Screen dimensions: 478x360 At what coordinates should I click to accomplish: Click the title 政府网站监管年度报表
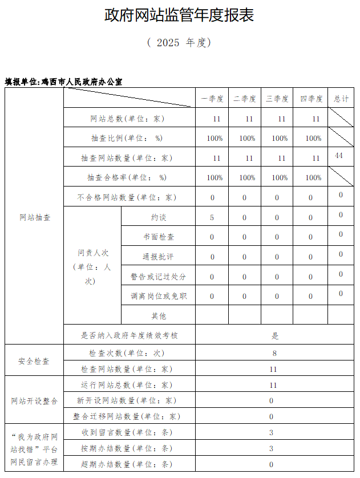pyautogui.click(x=179, y=15)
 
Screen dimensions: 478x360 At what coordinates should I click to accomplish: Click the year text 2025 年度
pyautogui.click(x=179, y=43)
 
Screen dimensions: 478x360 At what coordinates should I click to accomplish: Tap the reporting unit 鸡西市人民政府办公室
pyautogui.click(x=82, y=82)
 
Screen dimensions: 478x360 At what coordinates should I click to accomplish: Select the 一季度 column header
pyautogui.click(x=212, y=99)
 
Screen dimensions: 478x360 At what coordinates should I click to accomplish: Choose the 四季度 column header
pyautogui.click(x=312, y=99)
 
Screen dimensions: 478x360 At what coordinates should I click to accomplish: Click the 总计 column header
pyautogui.click(x=341, y=99)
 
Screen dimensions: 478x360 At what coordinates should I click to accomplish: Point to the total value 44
pyautogui.click(x=339, y=156)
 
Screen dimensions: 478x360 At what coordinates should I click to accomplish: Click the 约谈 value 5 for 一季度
pyautogui.click(x=212, y=217)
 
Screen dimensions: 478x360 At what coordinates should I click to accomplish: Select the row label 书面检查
pyautogui.click(x=159, y=237)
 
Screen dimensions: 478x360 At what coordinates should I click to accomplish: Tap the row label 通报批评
pyautogui.click(x=159, y=257)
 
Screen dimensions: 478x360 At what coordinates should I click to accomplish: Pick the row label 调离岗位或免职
pyautogui.click(x=159, y=296)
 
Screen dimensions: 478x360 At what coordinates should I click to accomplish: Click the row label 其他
pyautogui.click(x=159, y=315)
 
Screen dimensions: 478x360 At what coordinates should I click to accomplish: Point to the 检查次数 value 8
pyautogui.click(x=274, y=354)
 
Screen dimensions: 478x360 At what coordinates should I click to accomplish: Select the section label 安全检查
pyautogui.click(x=34, y=361)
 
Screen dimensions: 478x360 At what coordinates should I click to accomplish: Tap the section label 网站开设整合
pyautogui.click(x=34, y=400)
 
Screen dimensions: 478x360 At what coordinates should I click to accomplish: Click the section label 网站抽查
pyautogui.click(x=34, y=217)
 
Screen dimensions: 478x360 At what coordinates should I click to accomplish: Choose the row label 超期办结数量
pyautogui.click(x=126, y=464)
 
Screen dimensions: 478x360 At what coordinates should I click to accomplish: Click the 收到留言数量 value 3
pyautogui.click(x=272, y=432)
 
